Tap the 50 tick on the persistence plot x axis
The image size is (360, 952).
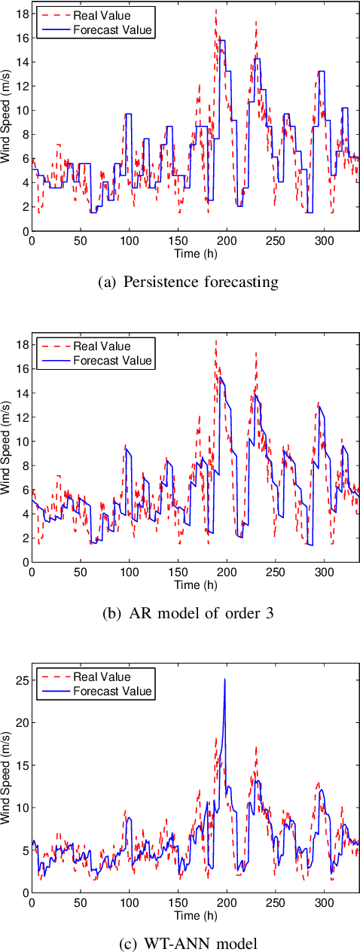(80, 241)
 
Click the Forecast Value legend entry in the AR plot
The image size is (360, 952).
(112, 361)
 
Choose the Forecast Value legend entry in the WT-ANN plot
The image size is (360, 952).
(112, 691)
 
